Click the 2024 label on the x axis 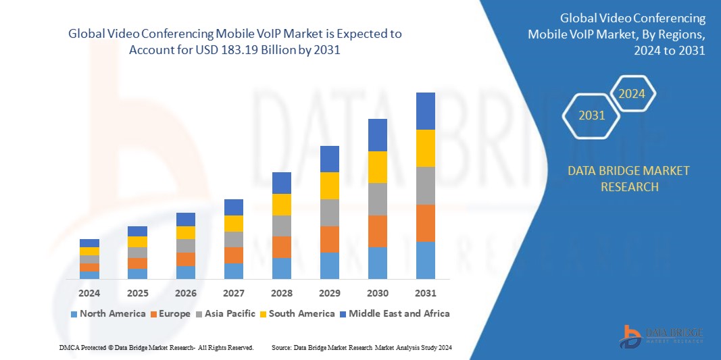89,293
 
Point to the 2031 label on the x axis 426,293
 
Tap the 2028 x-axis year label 281,293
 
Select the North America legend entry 108,313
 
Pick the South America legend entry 297,313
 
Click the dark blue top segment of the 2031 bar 426,111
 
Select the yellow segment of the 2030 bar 378,167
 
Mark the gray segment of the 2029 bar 330,212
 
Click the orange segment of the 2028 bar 282,247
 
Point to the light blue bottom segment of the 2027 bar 234,271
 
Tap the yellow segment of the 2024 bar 89,251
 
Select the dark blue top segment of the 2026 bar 186,220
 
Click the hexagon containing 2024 633,93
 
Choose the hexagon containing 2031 591,115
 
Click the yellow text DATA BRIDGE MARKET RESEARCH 629,178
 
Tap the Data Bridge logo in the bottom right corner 661,336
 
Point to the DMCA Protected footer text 156,347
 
